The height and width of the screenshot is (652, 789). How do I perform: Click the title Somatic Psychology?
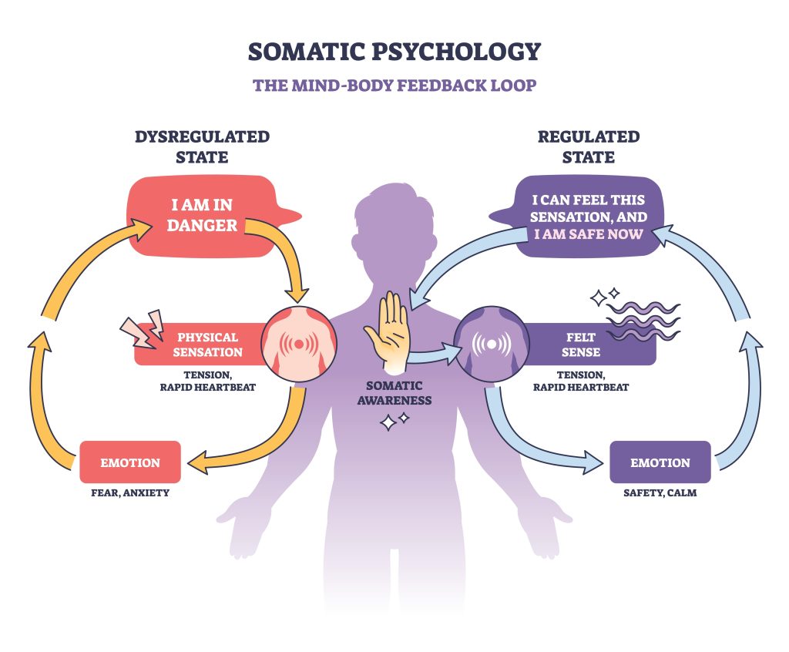(x=394, y=52)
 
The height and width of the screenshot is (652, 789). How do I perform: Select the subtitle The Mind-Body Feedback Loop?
(x=394, y=84)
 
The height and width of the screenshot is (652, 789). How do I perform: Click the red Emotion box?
(x=130, y=462)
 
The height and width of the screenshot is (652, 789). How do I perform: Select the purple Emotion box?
(x=660, y=462)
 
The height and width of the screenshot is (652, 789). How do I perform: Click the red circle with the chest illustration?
(x=297, y=345)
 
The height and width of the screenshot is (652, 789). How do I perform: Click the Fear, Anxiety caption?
(x=130, y=492)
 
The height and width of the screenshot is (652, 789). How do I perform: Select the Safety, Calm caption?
(x=660, y=492)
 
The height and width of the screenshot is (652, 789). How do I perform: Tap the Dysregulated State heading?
(x=203, y=146)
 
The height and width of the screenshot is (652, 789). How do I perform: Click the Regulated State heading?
(x=588, y=146)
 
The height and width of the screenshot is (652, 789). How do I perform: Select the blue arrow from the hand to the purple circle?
(x=435, y=355)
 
